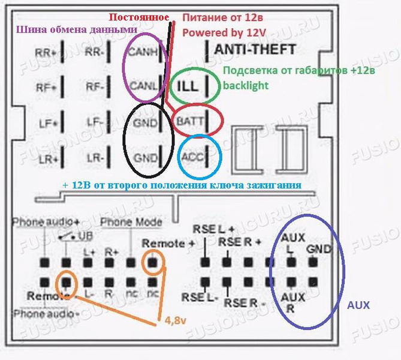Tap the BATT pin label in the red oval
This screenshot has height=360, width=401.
tap(191, 121)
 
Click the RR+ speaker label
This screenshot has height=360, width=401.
tap(47, 52)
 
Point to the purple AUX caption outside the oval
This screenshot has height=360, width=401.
tap(358, 305)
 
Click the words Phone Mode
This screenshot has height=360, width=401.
tap(132, 223)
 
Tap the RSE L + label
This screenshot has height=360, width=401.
tap(214, 229)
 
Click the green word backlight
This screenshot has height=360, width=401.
tap(246, 85)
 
